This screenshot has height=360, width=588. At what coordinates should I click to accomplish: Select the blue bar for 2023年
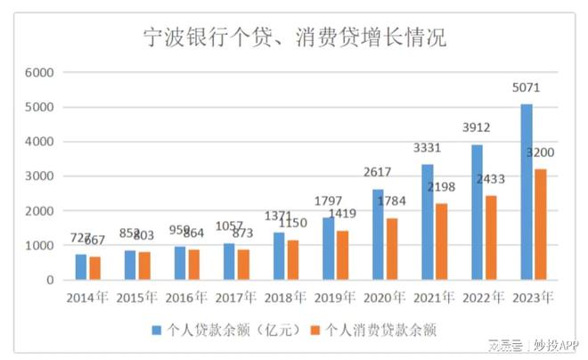click(527, 192)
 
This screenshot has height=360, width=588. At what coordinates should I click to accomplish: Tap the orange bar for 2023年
click(541, 225)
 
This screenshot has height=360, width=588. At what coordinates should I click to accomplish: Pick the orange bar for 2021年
click(441, 241)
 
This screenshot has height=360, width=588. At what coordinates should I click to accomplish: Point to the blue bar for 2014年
click(80, 267)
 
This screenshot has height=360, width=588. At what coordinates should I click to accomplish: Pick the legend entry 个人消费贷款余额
click(382, 330)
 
